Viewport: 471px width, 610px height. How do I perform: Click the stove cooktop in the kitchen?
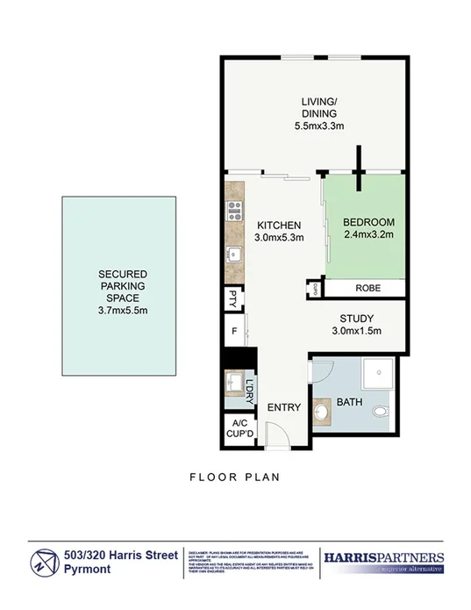point(234,209)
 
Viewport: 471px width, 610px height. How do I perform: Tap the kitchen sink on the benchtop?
point(233,255)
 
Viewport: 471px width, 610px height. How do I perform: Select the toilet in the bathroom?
point(379,411)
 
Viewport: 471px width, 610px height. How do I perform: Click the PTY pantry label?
point(234,298)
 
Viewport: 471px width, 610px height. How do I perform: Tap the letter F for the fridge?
point(234,332)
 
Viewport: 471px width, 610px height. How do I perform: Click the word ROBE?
point(366,288)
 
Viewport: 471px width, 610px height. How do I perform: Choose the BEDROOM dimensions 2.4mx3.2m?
point(367,234)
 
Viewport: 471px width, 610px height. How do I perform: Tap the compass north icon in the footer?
point(43,563)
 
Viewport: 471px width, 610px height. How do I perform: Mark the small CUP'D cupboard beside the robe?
point(313,288)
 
